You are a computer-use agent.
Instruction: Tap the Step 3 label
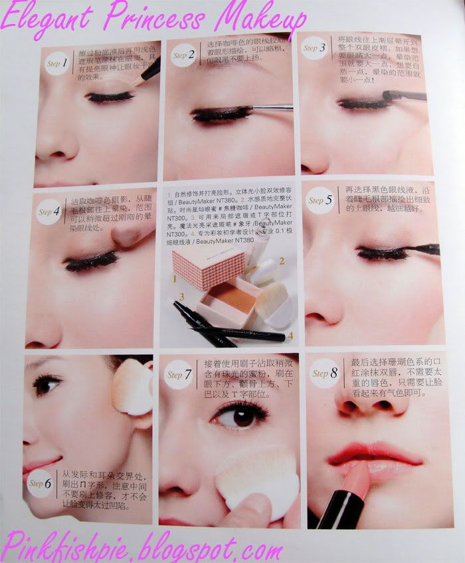tap(314, 48)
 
